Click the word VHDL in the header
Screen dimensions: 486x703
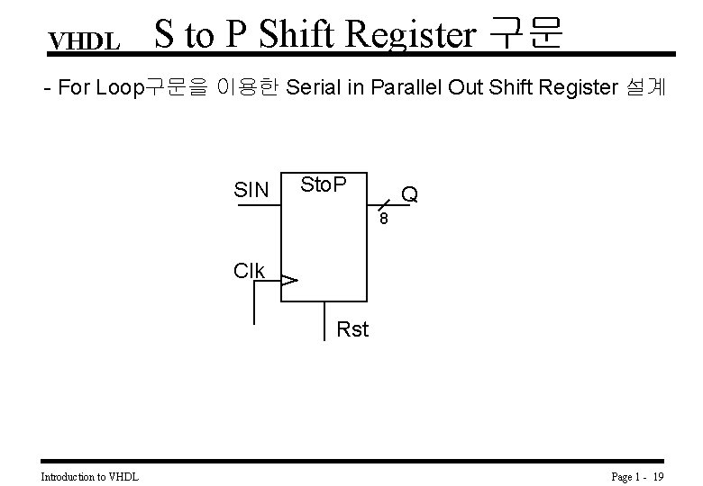85,41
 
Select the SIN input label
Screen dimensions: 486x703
251,190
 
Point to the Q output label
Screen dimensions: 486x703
410,193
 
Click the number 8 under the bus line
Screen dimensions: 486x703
383,220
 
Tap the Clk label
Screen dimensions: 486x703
249,271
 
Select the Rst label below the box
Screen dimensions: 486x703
352,329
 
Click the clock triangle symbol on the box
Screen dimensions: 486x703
288,282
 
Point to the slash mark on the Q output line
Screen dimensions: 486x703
383,207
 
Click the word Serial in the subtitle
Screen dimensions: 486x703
315,87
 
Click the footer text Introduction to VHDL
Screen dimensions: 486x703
90,475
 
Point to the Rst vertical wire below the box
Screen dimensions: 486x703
324,320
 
